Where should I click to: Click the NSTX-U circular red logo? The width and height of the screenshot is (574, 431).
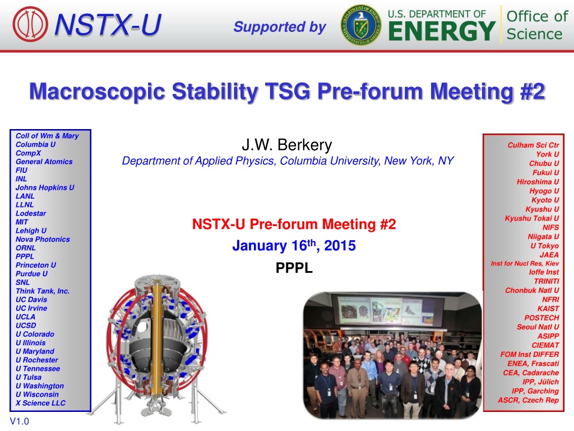tap(30, 24)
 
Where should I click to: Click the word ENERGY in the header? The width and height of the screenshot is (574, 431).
tap(442, 31)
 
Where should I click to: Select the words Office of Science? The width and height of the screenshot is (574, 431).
tap(537, 25)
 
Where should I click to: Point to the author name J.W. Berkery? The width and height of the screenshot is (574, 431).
tap(286, 145)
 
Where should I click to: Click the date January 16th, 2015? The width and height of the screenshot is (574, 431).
tap(294, 245)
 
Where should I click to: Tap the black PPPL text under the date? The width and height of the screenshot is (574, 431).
tap(294, 268)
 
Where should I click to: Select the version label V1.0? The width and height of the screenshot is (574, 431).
tap(20, 421)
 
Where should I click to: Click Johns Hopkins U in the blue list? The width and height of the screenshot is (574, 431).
tap(45, 187)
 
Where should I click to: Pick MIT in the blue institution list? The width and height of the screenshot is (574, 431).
tap(22, 222)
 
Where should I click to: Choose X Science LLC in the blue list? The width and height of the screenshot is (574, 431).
tap(40, 403)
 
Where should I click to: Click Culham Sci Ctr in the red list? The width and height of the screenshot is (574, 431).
tap(533, 145)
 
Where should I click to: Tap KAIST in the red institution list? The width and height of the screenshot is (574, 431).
tap(548, 309)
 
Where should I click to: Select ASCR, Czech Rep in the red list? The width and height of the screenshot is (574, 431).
tap(528, 400)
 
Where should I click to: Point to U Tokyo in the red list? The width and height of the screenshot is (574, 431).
tap(545, 246)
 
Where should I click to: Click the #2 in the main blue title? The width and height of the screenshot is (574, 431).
tap(533, 91)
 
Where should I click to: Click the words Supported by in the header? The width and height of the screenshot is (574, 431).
tap(280, 27)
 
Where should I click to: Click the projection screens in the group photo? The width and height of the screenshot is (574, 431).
tap(388, 311)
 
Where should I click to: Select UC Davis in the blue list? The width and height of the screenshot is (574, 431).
tap(31, 300)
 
